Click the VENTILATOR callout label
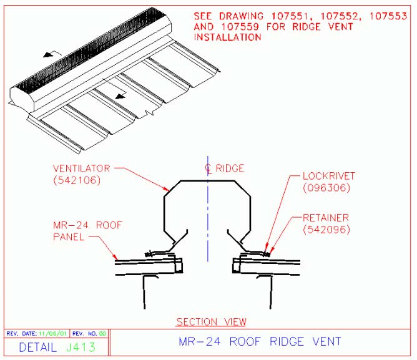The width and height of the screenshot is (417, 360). (81, 168)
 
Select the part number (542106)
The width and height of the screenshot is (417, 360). (77, 180)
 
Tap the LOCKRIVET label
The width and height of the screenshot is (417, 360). (329, 176)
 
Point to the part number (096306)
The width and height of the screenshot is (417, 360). (326, 188)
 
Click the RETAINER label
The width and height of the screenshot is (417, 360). (326, 218)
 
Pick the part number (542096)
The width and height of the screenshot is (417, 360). (326, 230)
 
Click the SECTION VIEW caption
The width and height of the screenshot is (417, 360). (212, 322)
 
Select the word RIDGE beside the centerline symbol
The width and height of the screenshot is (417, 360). (230, 168)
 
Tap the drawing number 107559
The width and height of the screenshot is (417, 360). (240, 27)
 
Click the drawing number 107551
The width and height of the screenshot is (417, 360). (290, 16)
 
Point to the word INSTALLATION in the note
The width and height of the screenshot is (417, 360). (228, 37)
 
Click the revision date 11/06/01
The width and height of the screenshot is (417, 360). (52, 333)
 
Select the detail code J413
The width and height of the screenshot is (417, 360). (81, 348)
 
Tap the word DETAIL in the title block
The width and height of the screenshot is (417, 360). (38, 348)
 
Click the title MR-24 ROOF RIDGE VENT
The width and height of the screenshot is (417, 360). (260, 341)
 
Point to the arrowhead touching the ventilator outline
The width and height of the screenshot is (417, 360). (167, 189)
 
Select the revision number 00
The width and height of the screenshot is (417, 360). (102, 333)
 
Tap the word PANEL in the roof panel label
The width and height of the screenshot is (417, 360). (69, 236)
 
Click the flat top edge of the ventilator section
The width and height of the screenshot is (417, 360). (208, 181)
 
